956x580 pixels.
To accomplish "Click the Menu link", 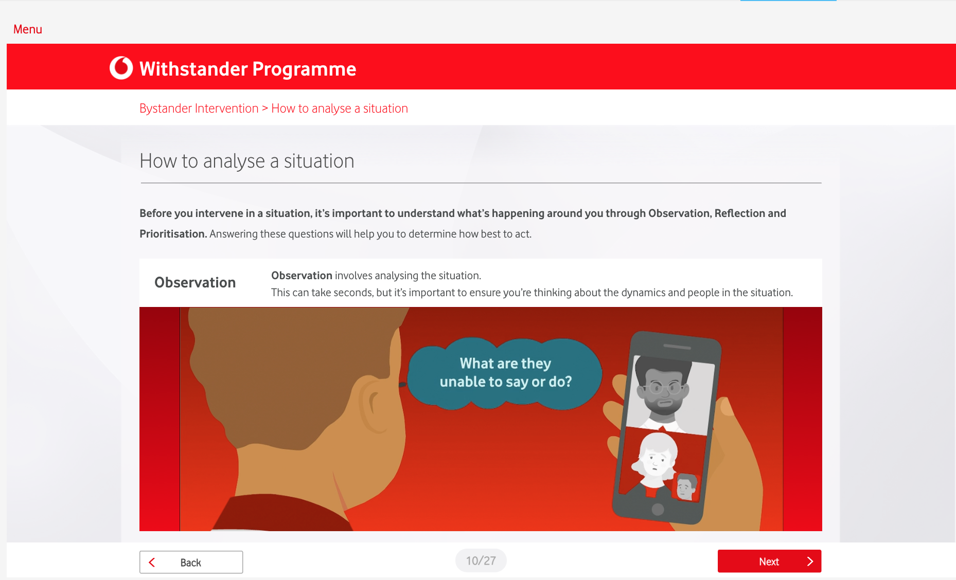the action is pos(28,29).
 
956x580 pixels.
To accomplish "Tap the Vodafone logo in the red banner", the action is pos(121,68).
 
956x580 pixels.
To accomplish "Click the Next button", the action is pos(769,561).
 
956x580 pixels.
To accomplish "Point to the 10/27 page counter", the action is pos(481,560).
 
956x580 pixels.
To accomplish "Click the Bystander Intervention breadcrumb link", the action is pos(199,108).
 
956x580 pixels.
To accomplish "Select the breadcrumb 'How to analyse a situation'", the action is pos(340,108).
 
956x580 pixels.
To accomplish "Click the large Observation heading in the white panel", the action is pos(195,282).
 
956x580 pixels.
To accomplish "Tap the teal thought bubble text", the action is pos(506,373).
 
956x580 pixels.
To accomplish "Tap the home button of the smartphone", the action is pos(658,509).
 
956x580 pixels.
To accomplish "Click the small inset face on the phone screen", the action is pos(686,486).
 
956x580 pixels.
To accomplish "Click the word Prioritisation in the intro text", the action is pos(173,234).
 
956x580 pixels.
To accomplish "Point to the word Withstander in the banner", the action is pos(193,69).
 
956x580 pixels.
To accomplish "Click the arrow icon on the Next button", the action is pos(810,561).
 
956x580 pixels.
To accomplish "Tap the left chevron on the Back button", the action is pos(152,563).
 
